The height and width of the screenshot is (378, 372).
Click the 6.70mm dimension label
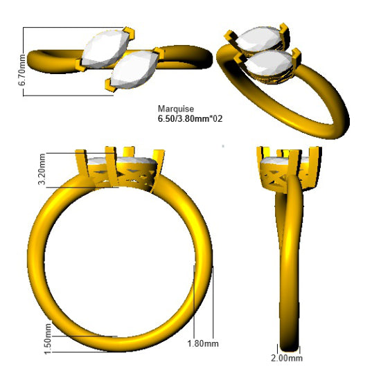click(x=21, y=70)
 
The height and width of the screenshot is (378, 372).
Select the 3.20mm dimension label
click(x=42, y=169)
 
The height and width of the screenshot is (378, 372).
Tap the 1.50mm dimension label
click(x=48, y=339)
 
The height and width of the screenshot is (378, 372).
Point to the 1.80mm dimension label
click(x=203, y=343)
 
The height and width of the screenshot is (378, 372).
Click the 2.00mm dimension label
click(x=287, y=358)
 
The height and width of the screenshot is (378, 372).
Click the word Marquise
click(x=176, y=109)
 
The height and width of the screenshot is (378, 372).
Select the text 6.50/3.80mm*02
click(x=190, y=119)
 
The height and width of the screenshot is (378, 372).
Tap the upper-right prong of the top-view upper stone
click(x=129, y=33)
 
